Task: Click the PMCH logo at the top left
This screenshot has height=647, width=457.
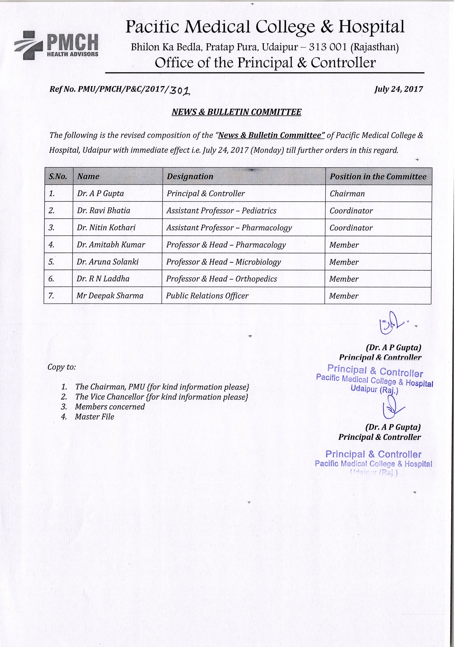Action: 57,45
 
